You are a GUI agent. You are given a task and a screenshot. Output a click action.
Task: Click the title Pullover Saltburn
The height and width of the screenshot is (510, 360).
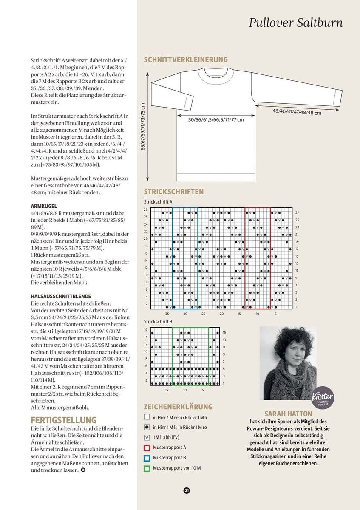pyautogui.click(x=296, y=23)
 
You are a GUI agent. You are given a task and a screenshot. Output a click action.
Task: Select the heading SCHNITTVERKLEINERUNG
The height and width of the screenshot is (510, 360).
pyautogui.click(x=186, y=60)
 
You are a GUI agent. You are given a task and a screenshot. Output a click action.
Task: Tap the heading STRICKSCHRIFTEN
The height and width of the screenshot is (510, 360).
pyautogui.click(x=173, y=192)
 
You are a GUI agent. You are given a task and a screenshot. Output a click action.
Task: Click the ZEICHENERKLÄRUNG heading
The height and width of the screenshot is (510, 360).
pyautogui.click(x=178, y=407)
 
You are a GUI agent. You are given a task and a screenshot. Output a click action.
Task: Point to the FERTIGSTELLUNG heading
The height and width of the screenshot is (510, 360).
pyautogui.click(x=64, y=420)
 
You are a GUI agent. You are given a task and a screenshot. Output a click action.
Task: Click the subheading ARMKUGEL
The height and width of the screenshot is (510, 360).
pyautogui.click(x=44, y=206)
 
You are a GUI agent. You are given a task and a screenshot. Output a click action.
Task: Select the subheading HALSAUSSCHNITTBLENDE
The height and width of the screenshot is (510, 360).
pyautogui.click(x=61, y=296)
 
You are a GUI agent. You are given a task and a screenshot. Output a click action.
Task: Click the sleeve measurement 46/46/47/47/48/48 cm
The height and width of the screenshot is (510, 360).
pyautogui.click(x=297, y=113)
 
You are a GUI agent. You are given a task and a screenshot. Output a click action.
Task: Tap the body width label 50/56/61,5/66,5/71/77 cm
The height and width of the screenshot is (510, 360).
pyautogui.click(x=216, y=120)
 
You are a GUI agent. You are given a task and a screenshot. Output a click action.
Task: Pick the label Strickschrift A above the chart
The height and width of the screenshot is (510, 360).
pyautogui.click(x=158, y=202)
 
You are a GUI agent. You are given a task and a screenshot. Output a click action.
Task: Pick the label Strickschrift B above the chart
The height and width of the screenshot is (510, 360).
pyautogui.click(x=158, y=322)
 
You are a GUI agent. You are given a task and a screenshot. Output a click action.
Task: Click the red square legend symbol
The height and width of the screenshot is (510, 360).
pyautogui.click(x=147, y=448)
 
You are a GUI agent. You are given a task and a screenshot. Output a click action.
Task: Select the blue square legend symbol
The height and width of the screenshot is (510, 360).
pyautogui.click(x=147, y=458)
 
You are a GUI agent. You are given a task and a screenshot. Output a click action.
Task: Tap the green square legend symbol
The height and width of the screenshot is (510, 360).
pyautogui.click(x=147, y=468)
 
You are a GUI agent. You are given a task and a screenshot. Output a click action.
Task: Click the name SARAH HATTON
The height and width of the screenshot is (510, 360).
pyautogui.click(x=288, y=414)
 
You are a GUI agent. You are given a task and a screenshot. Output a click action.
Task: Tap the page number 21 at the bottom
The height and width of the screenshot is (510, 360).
pyautogui.click(x=187, y=490)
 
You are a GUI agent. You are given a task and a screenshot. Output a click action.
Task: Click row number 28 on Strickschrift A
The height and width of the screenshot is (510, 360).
pyautogui.click(x=146, y=210)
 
